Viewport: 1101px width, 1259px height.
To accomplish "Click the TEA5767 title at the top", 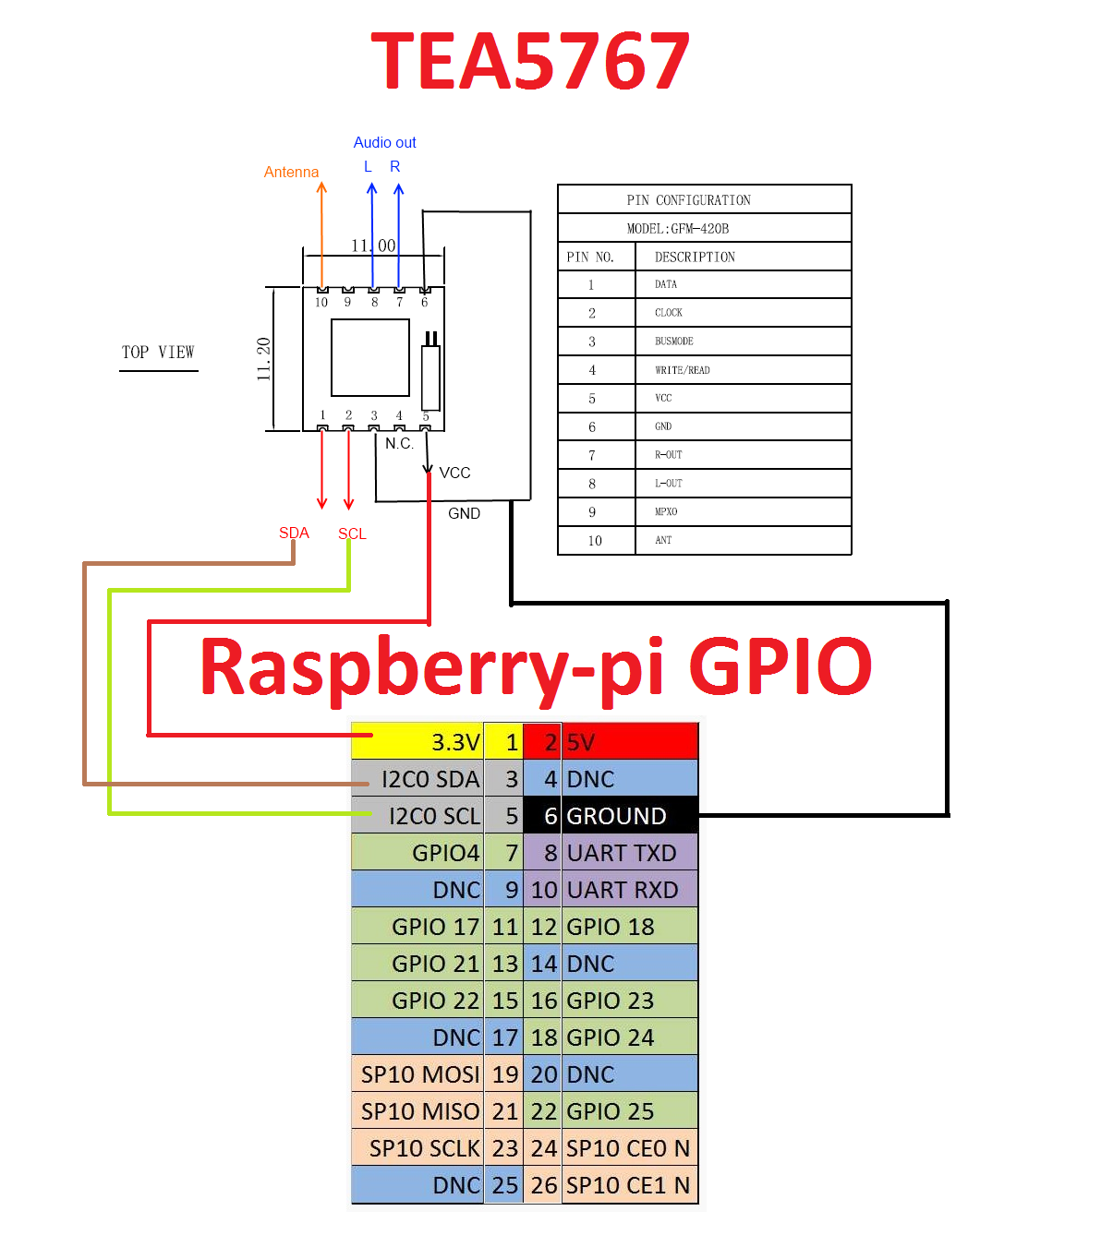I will tap(530, 61).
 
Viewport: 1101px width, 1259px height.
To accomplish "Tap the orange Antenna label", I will tap(291, 173).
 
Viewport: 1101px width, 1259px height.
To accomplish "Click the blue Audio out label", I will tap(384, 143).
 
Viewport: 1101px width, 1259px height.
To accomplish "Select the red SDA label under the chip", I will tap(294, 534).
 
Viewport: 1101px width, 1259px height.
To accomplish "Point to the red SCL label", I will tap(352, 534).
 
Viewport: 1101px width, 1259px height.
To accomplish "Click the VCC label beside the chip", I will tap(454, 474).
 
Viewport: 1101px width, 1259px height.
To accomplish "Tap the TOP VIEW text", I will tap(158, 353).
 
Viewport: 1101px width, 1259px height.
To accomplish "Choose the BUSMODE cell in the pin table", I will tap(673, 342).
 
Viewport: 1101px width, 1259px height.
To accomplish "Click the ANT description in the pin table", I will tap(663, 541).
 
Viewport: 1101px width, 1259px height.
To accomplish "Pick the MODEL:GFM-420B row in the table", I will tap(678, 229).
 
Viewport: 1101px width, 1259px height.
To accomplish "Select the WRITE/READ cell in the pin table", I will tap(682, 370).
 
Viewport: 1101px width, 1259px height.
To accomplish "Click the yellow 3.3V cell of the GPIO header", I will tap(417, 742).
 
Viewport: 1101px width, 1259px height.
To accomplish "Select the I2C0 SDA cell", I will tap(417, 779).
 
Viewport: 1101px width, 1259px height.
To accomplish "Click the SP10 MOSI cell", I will tap(417, 1074).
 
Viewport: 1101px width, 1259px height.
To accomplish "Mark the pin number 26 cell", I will tap(544, 1185).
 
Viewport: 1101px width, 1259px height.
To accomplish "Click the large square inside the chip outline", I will tap(370, 357).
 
